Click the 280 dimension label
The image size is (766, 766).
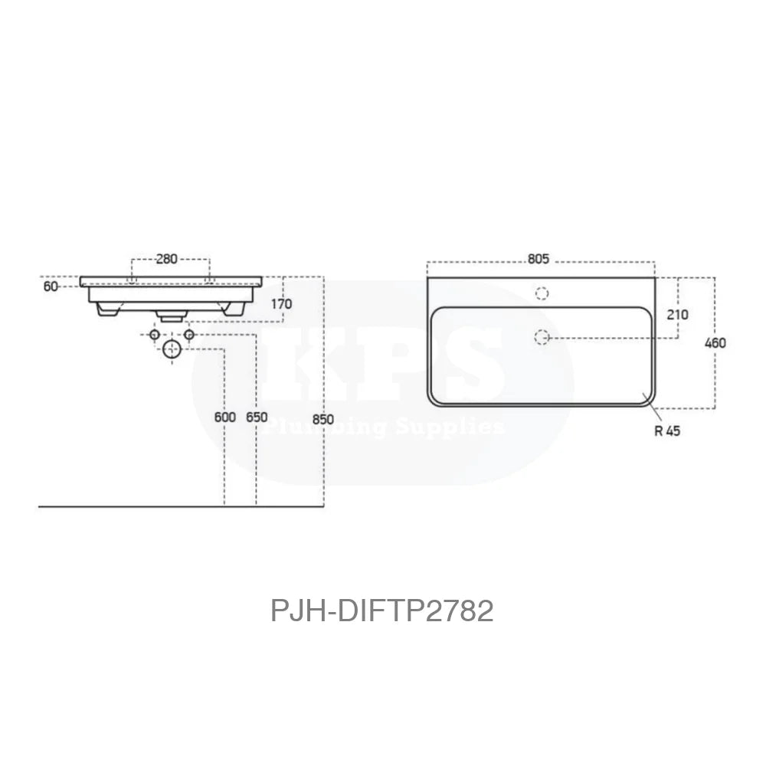167,259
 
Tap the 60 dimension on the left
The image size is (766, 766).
51,286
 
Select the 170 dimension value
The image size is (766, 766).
281,304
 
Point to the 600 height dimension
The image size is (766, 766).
225,417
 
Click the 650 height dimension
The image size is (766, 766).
257,417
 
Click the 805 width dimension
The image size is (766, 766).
538,259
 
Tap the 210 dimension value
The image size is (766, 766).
678,314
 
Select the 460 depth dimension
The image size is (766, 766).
715,342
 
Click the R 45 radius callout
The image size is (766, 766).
667,431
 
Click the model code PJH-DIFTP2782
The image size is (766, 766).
382,611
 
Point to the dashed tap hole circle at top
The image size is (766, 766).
542,293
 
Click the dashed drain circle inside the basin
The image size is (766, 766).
542,336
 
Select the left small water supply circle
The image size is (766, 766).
155,336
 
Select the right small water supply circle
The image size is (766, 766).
189,336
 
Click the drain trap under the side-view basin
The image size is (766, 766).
170,314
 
